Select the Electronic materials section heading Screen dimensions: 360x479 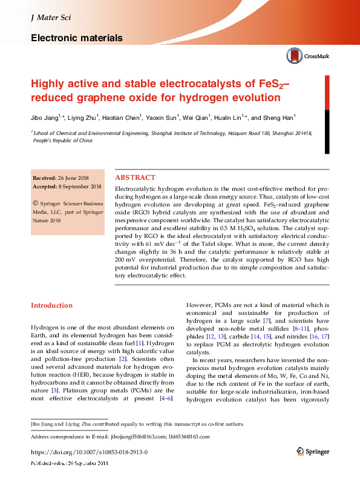click(76, 38)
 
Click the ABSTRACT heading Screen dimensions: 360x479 click(135, 177)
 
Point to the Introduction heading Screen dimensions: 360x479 click(51, 305)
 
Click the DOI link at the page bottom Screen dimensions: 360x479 click(89, 452)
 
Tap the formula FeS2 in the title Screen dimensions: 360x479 click(267, 84)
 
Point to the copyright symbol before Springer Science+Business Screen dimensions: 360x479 click(36, 204)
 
